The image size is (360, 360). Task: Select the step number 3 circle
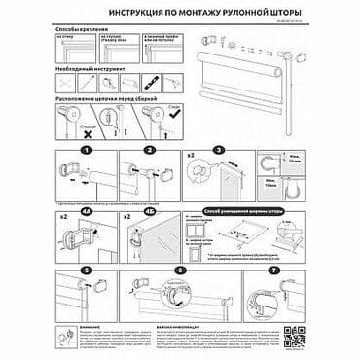click(x=220, y=151)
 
